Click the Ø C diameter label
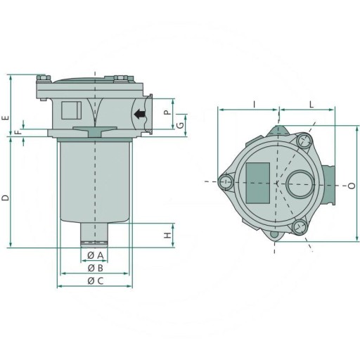95,281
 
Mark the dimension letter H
167,236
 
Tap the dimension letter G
181,125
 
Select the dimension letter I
254,103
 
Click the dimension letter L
311,103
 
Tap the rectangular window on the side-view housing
71,111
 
